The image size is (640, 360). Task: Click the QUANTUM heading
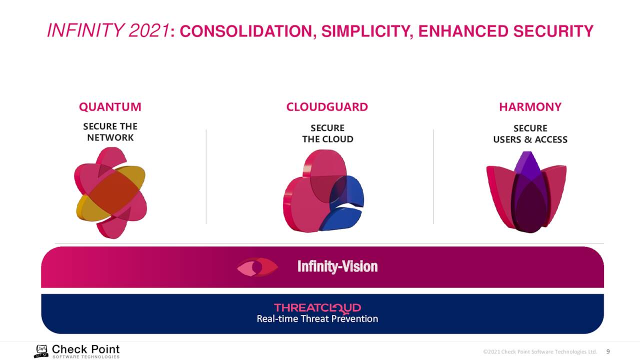click(x=110, y=107)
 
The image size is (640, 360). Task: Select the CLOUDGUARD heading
click(x=327, y=107)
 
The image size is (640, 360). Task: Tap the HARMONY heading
click(x=530, y=107)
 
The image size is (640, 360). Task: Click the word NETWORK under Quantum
click(x=110, y=137)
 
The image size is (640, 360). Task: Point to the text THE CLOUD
click(x=327, y=139)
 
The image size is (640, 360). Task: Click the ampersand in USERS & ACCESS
click(x=528, y=139)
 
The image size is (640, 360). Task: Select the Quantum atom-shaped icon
click(x=110, y=193)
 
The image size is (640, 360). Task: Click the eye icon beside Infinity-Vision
click(x=257, y=267)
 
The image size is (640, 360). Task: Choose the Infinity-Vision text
click(x=337, y=267)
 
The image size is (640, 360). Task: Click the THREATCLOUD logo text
click(x=317, y=308)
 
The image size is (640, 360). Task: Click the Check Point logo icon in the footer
click(x=41, y=351)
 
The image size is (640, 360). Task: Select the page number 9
click(x=608, y=351)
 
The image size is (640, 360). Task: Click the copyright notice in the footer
click(x=540, y=351)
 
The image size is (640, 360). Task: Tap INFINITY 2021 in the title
click(x=108, y=30)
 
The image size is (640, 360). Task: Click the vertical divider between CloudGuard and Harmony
click(x=433, y=176)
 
